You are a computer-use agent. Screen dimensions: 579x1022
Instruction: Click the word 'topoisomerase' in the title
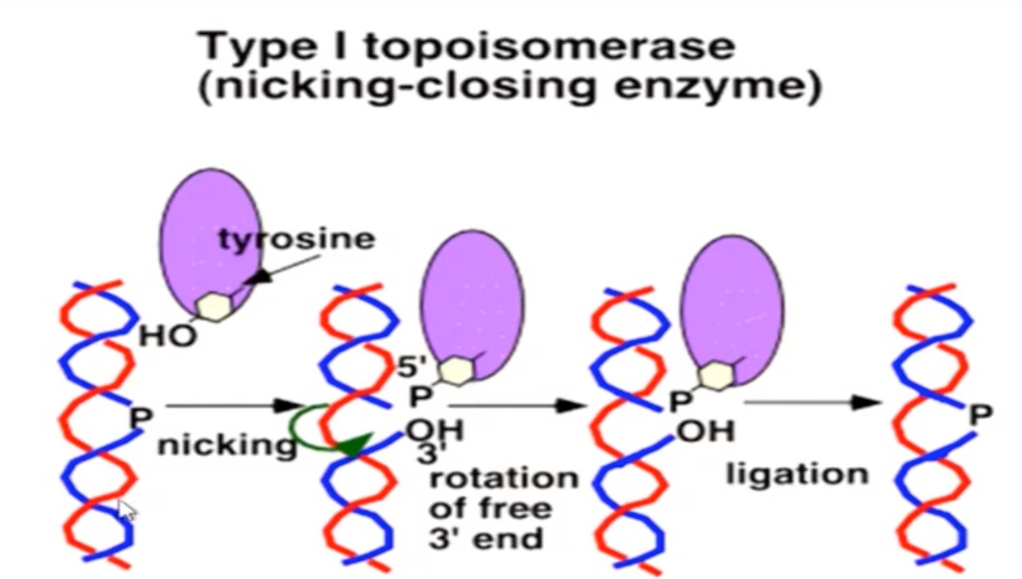(550, 47)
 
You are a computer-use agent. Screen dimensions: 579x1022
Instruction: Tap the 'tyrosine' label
(297, 238)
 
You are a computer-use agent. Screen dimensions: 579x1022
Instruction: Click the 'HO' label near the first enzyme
(167, 337)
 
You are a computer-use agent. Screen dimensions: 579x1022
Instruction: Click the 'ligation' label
(796, 474)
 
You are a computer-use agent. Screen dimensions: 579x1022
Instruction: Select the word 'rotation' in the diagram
(503, 478)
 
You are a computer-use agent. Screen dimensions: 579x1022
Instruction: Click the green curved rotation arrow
(315, 426)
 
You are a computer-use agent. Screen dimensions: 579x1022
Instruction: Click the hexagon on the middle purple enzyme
(454, 372)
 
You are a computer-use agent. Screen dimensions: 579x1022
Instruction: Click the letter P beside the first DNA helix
(140, 417)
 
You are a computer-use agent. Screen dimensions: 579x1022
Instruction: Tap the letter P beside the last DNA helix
(980, 415)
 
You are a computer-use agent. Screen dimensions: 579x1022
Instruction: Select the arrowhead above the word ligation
(868, 403)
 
